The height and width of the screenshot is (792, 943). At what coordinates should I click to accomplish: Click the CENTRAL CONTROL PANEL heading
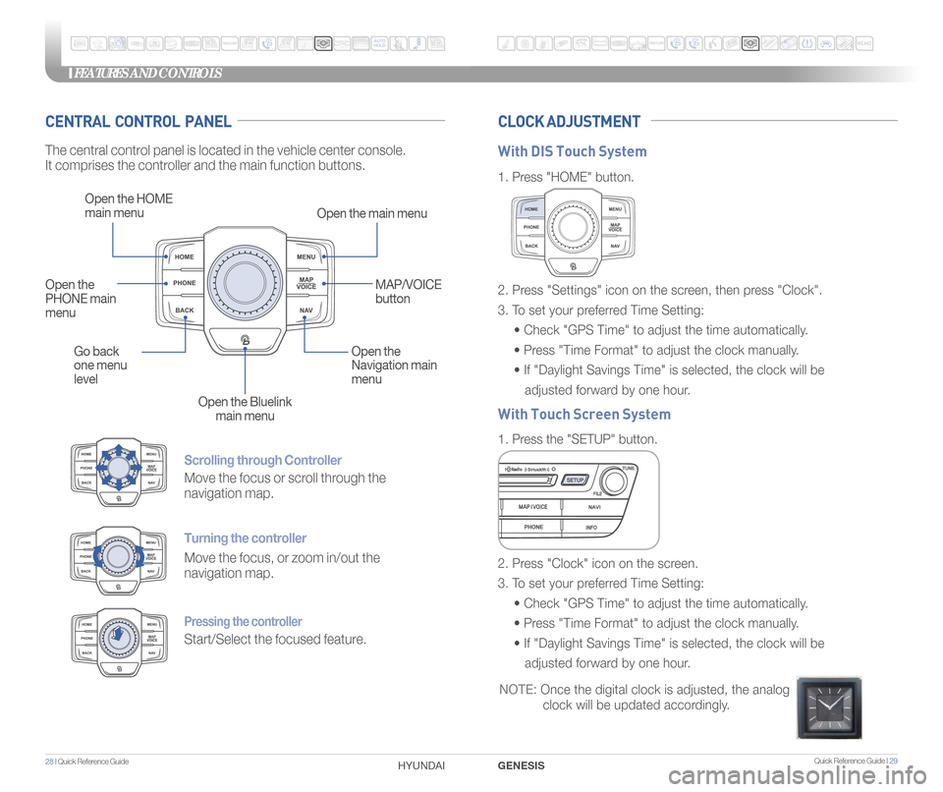point(139,122)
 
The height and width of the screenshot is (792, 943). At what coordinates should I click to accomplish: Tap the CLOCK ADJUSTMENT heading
point(569,122)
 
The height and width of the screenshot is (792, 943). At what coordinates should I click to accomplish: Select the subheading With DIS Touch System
point(572,151)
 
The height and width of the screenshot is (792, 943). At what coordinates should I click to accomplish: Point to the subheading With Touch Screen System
point(583,414)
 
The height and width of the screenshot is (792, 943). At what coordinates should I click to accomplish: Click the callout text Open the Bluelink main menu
point(245,409)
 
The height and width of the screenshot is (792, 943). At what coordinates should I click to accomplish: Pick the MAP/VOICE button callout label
point(408,291)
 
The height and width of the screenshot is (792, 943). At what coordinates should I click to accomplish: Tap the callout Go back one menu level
point(100,366)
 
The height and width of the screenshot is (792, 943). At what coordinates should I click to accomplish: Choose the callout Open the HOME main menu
point(129,205)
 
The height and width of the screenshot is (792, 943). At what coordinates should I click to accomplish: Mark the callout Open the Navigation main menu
point(394,365)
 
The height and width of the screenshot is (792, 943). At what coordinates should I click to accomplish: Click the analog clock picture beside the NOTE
point(829,707)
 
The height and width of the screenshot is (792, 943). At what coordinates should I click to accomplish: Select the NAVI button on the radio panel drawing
point(594,507)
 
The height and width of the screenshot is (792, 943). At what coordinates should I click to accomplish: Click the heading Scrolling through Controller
point(262,460)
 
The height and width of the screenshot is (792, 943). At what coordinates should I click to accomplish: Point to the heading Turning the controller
point(245,538)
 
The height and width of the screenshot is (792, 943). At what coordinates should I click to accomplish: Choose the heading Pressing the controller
point(243,621)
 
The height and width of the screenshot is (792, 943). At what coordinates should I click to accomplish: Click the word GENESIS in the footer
point(522,764)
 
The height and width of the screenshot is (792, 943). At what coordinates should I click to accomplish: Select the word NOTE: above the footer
point(517,691)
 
